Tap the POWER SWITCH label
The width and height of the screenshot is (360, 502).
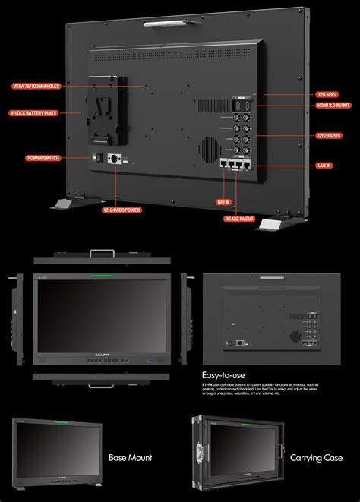pyautogui.click(x=43, y=159)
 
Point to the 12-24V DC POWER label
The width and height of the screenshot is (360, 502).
pyautogui.click(x=121, y=209)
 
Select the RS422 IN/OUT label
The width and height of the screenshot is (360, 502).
pyautogui.click(x=238, y=218)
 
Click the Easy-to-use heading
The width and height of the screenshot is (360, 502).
pyautogui.click(x=224, y=374)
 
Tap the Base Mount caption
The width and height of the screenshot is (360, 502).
pyautogui.click(x=130, y=457)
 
